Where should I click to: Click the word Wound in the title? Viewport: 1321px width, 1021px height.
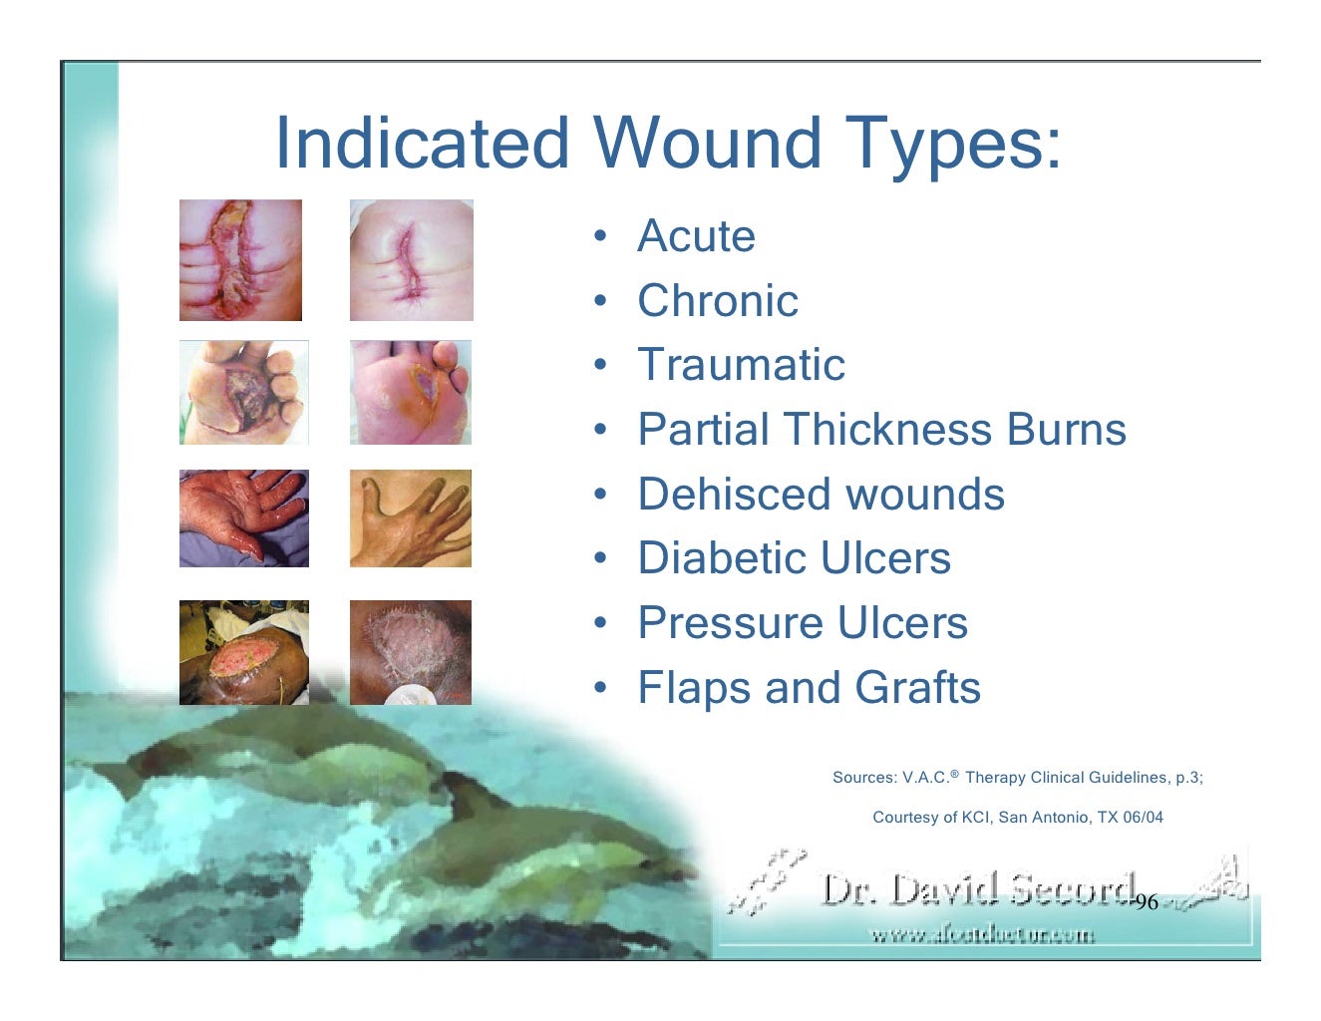[x=707, y=143]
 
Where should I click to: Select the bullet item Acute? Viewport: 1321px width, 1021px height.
[x=696, y=236]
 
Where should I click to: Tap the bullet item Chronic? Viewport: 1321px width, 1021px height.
[x=718, y=301]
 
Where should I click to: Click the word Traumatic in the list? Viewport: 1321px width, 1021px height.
[x=741, y=365]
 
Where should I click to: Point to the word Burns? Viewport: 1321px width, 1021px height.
[x=1066, y=430]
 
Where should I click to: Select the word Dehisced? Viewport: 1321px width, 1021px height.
[x=736, y=495]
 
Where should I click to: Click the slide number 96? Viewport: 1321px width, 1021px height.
[x=1147, y=902]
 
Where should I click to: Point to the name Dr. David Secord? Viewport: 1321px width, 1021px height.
[x=977, y=889]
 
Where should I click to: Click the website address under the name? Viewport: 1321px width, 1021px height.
[x=982, y=935]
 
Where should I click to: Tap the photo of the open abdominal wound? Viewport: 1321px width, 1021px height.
[x=240, y=260]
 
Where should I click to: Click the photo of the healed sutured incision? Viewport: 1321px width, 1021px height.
[x=411, y=260]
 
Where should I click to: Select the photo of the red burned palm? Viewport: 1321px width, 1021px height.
[x=243, y=518]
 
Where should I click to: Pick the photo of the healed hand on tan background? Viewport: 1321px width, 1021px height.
[x=410, y=518]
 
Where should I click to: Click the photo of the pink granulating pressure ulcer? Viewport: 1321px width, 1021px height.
[x=243, y=653]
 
